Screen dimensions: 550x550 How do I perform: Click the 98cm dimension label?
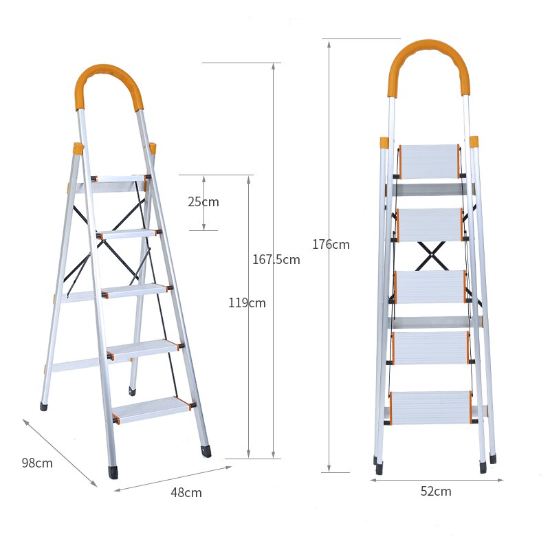tap(37, 463)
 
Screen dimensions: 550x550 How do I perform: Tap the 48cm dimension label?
tap(186, 492)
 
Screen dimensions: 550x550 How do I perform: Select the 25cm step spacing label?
tap(203, 201)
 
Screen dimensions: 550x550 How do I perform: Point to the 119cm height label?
tap(247, 302)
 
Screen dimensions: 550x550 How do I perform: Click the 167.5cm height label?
tap(276, 259)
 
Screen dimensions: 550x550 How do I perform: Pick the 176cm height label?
tap(331, 244)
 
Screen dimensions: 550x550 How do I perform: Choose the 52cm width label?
tap(436, 491)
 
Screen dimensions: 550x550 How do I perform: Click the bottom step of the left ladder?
tap(151, 408)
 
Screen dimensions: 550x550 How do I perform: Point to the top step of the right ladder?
tap(430, 161)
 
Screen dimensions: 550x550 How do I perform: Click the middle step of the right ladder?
tap(430, 287)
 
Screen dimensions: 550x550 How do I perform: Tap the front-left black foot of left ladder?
tap(112, 473)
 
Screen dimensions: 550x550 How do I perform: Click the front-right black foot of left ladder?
tap(206, 451)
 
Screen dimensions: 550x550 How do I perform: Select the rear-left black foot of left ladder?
tap(44, 406)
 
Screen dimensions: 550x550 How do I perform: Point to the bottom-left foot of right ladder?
tap(379, 469)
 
